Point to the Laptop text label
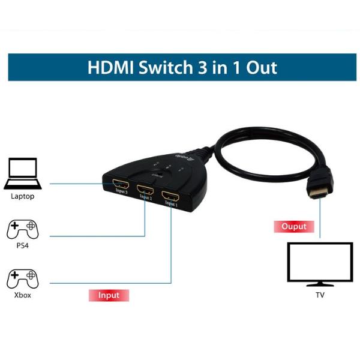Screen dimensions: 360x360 click(x=22, y=196)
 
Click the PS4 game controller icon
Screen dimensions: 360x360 click(x=22, y=230)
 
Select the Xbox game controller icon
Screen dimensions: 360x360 click(x=22, y=280)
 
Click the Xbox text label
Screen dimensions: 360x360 click(x=22, y=295)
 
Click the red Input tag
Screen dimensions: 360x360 click(x=109, y=295)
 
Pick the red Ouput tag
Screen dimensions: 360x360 click(x=294, y=227)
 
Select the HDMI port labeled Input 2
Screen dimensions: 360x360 click(x=145, y=190)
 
